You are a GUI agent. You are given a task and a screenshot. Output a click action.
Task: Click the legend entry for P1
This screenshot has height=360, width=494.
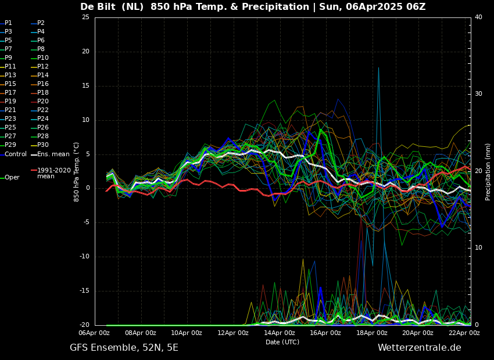point(8,23)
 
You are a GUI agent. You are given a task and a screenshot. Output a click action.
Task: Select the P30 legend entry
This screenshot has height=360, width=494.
point(43,145)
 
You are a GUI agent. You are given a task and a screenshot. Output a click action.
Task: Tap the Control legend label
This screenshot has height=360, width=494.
point(16,154)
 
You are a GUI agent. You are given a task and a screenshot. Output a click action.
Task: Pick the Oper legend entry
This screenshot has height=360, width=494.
point(12,178)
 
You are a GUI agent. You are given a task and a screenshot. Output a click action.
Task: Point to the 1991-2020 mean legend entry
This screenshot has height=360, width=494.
point(53,173)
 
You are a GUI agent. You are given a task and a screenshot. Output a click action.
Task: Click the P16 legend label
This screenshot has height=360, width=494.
point(43,84)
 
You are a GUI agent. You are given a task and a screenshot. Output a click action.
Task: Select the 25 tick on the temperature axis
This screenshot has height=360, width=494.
point(85,17)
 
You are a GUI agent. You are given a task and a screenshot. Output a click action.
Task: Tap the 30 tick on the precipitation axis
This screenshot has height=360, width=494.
point(478,94)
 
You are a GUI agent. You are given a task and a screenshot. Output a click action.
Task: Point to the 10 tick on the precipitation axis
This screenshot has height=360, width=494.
point(478,248)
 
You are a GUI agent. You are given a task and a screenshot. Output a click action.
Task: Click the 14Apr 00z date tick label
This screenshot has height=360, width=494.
point(279,333)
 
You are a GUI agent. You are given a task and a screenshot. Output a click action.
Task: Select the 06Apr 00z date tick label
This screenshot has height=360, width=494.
point(94,333)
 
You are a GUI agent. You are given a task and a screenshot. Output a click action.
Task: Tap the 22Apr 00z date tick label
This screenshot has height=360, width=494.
point(464,333)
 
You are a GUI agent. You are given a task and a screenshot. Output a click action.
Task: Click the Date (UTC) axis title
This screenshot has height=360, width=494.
point(282,343)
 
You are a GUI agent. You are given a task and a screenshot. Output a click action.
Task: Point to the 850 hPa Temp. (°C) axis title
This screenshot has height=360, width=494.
point(77,171)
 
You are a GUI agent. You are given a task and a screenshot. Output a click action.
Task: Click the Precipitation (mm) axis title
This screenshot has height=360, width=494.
point(488,171)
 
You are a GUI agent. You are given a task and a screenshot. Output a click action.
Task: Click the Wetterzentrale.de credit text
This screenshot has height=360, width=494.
point(419,348)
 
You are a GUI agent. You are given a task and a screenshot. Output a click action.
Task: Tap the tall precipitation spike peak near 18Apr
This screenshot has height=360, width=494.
point(378,68)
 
